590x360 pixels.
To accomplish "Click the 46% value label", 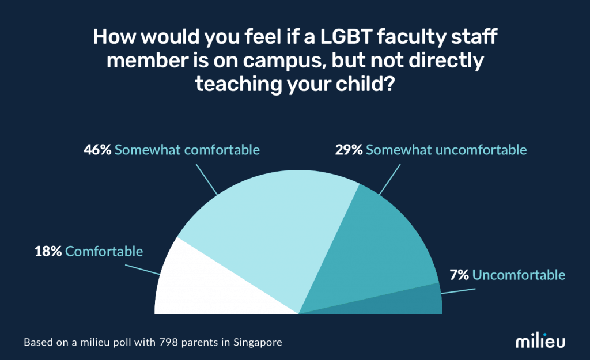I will click(98, 150).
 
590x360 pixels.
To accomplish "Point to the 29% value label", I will click(349, 150).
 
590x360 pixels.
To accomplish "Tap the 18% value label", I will click(48, 252).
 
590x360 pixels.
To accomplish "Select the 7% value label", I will click(459, 275).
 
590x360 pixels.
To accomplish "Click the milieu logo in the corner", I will click(540, 341).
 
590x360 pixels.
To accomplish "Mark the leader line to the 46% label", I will click(206, 179).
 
